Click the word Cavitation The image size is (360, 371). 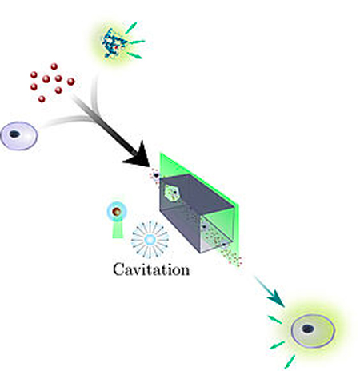[151, 269]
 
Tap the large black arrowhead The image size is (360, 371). [139, 156]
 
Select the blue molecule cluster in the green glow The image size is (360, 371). [114, 42]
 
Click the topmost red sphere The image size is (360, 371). [54, 66]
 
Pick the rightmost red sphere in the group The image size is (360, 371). [70, 82]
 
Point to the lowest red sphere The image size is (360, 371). [42, 99]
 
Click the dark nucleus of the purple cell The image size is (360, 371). [14, 134]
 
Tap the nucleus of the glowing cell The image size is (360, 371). [308, 329]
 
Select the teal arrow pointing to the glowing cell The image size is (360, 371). [270, 291]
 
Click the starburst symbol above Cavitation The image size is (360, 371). [150, 240]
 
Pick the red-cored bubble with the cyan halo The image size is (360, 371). [117, 212]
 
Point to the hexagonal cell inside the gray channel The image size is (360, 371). [171, 193]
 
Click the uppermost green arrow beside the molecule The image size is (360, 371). [131, 28]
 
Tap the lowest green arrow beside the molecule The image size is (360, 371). [134, 55]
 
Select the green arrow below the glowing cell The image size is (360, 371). [290, 361]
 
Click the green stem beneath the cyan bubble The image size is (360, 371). [118, 229]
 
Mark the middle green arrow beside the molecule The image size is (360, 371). [137, 42]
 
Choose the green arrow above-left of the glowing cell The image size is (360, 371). [274, 320]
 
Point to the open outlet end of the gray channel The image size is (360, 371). [217, 233]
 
